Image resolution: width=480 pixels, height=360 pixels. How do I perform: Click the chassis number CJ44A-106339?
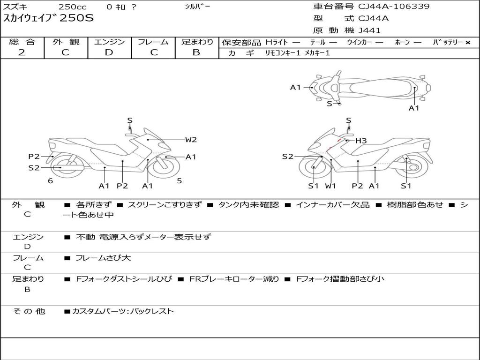(x=394, y=7)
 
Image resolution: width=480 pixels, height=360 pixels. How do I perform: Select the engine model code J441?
(x=369, y=30)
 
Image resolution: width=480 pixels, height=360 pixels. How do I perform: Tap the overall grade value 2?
(x=22, y=52)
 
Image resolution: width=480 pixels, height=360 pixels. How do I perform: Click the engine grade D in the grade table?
(x=109, y=52)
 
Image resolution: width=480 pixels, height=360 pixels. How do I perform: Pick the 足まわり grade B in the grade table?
(x=196, y=52)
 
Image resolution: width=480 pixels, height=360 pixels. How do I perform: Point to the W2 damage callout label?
(x=191, y=139)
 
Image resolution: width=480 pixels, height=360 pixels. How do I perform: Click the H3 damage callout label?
(x=360, y=140)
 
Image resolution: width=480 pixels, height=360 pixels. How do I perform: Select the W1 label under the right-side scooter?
(x=331, y=186)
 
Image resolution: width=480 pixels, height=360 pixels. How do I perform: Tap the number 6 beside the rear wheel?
(x=50, y=180)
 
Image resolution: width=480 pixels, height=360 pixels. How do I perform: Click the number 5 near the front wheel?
(x=180, y=180)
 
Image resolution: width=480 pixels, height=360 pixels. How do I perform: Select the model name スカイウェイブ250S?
(x=49, y=19)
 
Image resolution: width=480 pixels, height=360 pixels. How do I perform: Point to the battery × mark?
(x=467, y=42)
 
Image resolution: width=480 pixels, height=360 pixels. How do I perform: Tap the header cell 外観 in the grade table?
(x=66, y=42)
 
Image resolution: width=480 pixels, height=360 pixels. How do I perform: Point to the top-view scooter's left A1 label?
(x=295, y=87)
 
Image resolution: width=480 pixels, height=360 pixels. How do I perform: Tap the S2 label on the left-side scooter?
(x=34, y=167)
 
